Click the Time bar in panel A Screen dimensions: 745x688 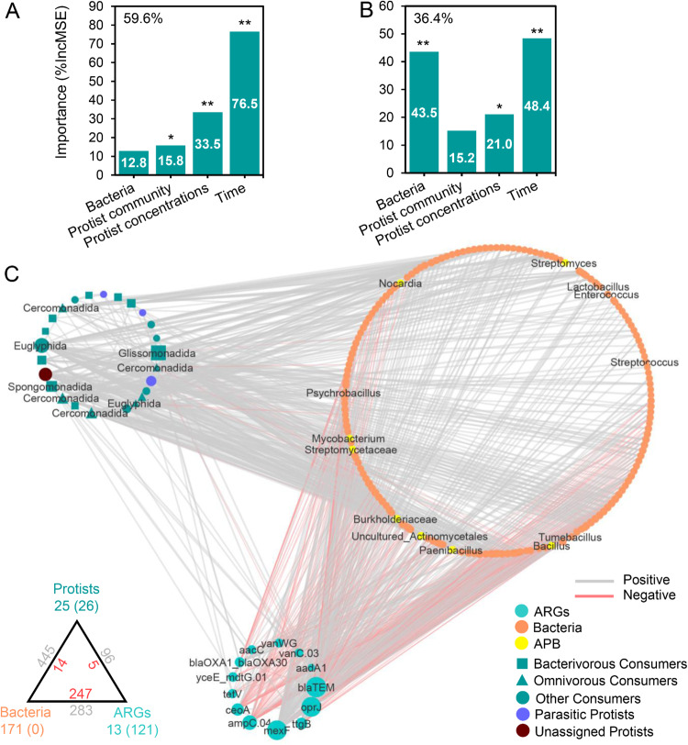click(245, 101)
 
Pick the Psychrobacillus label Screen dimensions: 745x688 click(344, 393)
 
